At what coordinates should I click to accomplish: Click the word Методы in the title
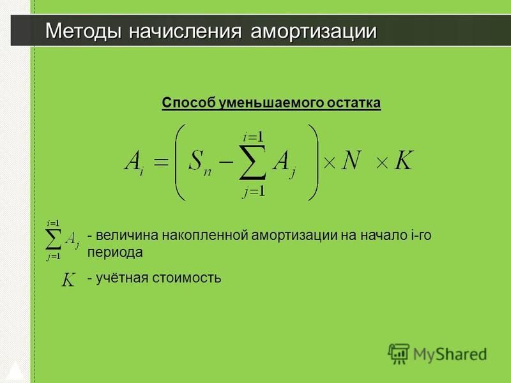(x=83, y=31)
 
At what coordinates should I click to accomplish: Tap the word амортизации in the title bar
(x=314, y=32)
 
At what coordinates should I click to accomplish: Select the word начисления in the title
(x=185, y=31)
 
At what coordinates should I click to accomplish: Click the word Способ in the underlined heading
(x=188, y=103)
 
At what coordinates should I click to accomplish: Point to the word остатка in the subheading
(x=354, y=103)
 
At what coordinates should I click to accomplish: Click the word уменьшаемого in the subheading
(x=271, y=103)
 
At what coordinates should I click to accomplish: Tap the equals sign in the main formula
(x=161, y=161)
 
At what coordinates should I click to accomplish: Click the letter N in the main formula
(x=352, y=160)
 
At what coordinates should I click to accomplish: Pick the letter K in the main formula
(x=404, y=160)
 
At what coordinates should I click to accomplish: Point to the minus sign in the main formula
(x=226, y=161)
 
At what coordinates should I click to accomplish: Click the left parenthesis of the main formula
(x=180, y=162)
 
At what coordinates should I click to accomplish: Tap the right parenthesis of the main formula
(x=313, y=162)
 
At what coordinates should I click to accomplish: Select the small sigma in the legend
(x=53, y=240)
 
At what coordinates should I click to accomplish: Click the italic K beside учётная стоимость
(x=68, y=280)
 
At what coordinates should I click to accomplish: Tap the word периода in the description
(x=115, y=253)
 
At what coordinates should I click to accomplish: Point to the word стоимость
(x=187, y=278)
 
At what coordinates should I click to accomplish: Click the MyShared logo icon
(x=398, y=354)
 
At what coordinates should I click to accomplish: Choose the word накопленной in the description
(x=205, y=235)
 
